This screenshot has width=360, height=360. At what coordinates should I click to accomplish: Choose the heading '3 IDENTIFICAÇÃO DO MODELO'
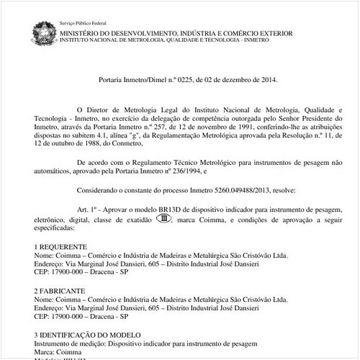coord(89,334)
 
